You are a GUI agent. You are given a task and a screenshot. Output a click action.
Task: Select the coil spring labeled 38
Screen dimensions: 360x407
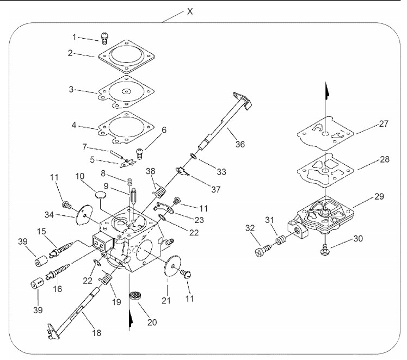(160, 191)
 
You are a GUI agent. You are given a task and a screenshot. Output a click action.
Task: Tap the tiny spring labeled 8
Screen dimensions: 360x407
(130, 181)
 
